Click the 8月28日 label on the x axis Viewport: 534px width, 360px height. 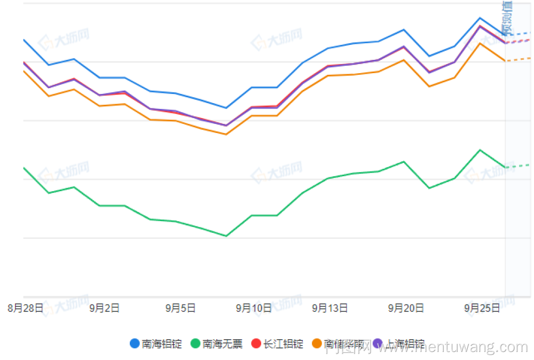(x=25, y=308)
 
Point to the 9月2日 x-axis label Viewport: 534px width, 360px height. (x=104, y=308)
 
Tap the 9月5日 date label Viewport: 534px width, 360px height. (x=180, y=308)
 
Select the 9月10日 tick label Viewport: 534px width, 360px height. (x=254, y=308)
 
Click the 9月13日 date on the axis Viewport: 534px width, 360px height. (x=330, y=308)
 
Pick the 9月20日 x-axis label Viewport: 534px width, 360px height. (x=406, y=308)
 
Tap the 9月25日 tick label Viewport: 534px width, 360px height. (x=482, y=308)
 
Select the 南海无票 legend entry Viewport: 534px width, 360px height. (x=216, y=344)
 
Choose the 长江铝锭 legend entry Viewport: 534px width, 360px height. (x=277, y=344)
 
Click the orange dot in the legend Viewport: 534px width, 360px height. (x=317, y=344)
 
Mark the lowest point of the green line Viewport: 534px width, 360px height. (x=226, y=236)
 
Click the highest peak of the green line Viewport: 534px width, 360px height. (x=480, y=150)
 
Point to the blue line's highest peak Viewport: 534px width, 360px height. (x=480, y=18)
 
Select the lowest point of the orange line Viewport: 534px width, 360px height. (x=226, y=134)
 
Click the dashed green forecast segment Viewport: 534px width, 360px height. (x=517, y=166)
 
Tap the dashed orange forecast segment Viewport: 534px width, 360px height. (x=517, y=59)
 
